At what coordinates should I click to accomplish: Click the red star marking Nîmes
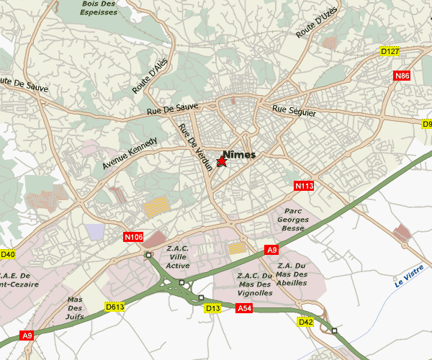click(x=222, y=162)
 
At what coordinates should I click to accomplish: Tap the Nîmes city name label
click(x=239, y=154)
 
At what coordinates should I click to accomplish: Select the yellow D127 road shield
click(x=390, y=51)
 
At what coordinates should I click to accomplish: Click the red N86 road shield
click(x=402, y=76)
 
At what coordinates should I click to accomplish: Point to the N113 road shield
click(x=305, y=186)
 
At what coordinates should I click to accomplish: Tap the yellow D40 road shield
click(x=7, y=254)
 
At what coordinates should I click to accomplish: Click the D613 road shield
click(x=115, y=307)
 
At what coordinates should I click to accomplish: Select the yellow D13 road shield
click(x=212, y=309)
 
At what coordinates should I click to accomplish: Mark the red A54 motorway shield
click(x=245, y=308)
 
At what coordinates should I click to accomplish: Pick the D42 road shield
click(x=305, y=321)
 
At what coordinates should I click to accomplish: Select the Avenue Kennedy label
click(x=129, y=153)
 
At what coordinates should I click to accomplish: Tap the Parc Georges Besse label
click(x=292, y=220)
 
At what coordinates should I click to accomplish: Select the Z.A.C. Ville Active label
click(x=178, y=257)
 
